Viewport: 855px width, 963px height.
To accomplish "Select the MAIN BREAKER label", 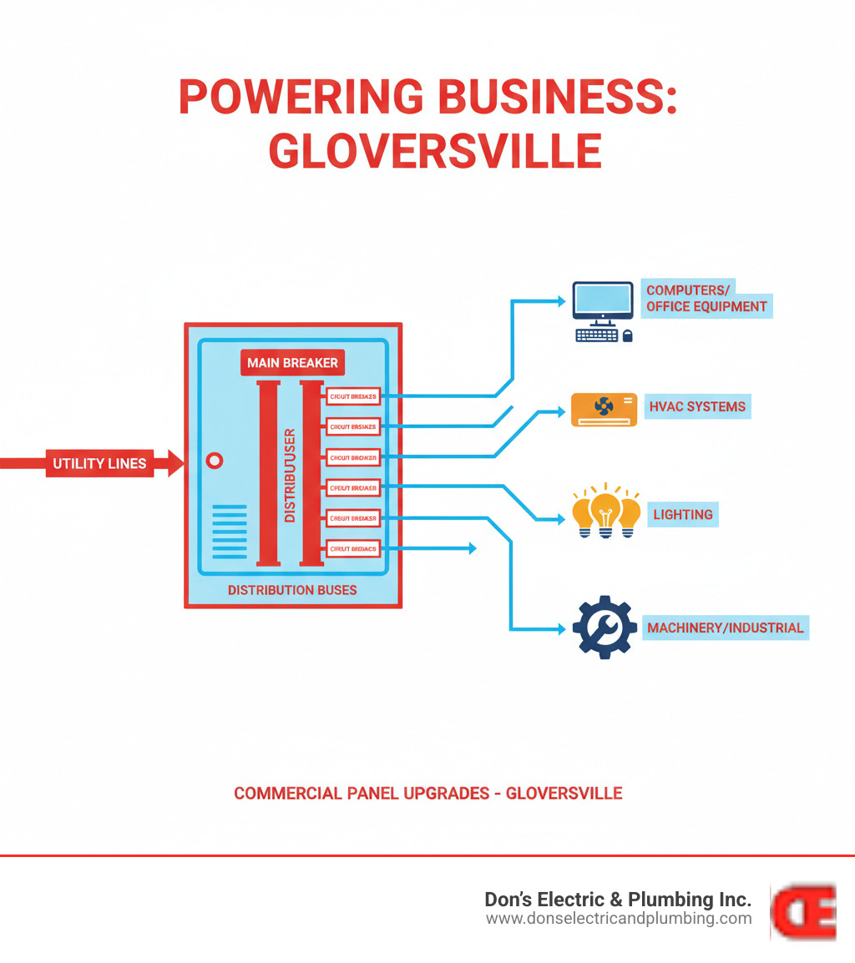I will pos(292,363).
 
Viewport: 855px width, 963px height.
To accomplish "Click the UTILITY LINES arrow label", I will pos(100,464).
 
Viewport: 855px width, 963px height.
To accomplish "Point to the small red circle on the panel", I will pos(214,460).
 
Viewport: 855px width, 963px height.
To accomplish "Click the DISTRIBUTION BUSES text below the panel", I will pos(292,590).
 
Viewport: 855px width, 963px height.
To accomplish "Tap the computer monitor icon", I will pos(602,303).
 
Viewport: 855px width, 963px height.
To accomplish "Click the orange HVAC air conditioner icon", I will pos(604,409).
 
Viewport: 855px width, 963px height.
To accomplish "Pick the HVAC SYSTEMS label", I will pos(696,407).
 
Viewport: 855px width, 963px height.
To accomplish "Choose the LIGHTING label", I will pos(683,515).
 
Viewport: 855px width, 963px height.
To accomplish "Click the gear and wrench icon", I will pos(605,628).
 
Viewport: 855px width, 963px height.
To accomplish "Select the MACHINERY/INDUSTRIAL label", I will pos(725,628).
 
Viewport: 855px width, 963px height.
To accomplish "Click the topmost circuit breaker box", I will pos(353,396).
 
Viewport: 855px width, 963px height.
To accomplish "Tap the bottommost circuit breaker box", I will pos(353,549).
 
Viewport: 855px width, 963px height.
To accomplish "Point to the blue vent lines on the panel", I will pos(230,532).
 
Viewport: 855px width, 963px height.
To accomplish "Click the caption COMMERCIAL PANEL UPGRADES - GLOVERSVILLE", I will pos(427,793).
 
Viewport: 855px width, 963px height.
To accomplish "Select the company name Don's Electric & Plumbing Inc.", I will pos(618,900).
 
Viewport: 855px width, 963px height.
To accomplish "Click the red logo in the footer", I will pos(803,911).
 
